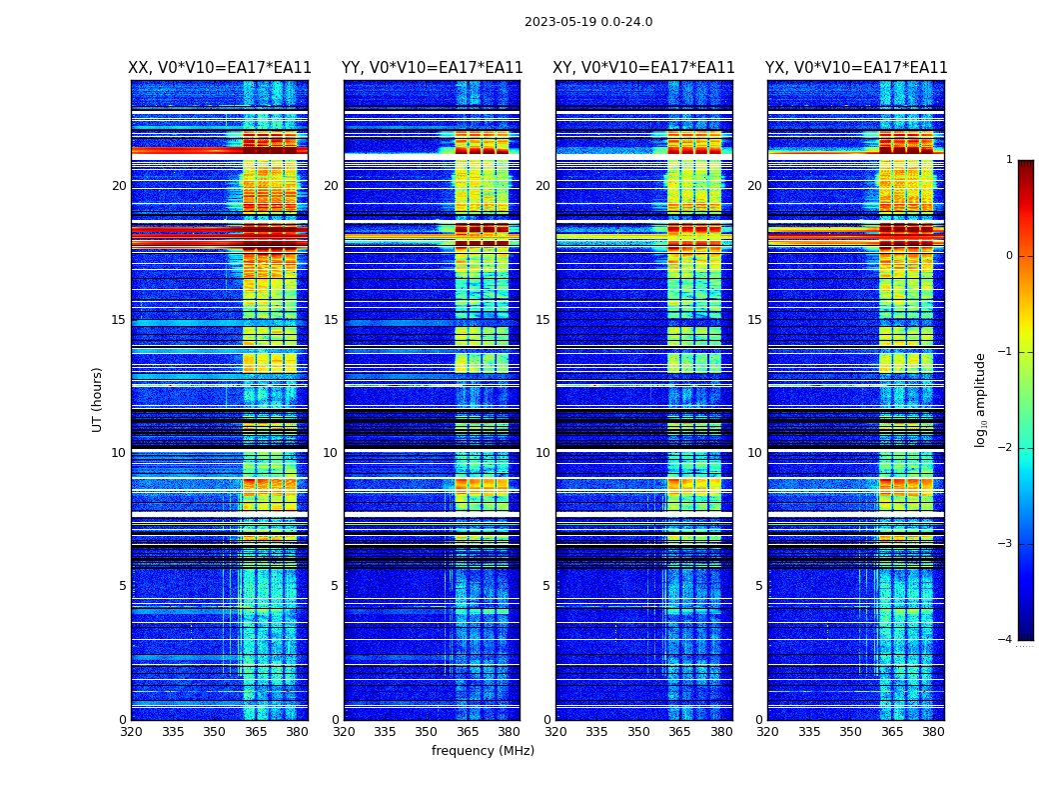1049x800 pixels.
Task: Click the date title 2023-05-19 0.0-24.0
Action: (x=588, y=22)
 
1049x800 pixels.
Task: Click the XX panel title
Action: (x=220, y=68)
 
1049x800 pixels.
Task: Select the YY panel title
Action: (x=432, y=68)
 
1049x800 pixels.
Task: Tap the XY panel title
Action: (x=643, y=68)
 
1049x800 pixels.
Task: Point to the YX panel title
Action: (x=856, y=68)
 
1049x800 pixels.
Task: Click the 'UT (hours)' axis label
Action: (x=98, y=399)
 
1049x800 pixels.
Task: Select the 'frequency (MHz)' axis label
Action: (x=483, y=751)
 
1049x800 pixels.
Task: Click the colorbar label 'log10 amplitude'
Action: (x=981, y=399)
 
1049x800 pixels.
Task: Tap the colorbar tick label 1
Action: (x=1009, y=160)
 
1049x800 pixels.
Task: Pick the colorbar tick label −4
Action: (x=1007, y=640)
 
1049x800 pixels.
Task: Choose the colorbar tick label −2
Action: (x=1007, y=448)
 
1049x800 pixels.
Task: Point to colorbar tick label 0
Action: (x=1009, y=256)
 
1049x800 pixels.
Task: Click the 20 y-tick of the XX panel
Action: (x=119, y=186)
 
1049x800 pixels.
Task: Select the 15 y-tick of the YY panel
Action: (x=331, y=320)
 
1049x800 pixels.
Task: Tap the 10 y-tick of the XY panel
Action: (x=542, y=453)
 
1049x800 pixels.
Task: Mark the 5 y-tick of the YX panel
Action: (x=759, y=586)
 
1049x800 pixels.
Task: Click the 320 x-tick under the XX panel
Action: (x=131, y=732)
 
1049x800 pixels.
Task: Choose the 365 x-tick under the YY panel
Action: (x=468, y=732)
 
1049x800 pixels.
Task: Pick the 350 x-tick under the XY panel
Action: (x=638, y=732)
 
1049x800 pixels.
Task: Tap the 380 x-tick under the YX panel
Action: (x=933, y=732)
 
